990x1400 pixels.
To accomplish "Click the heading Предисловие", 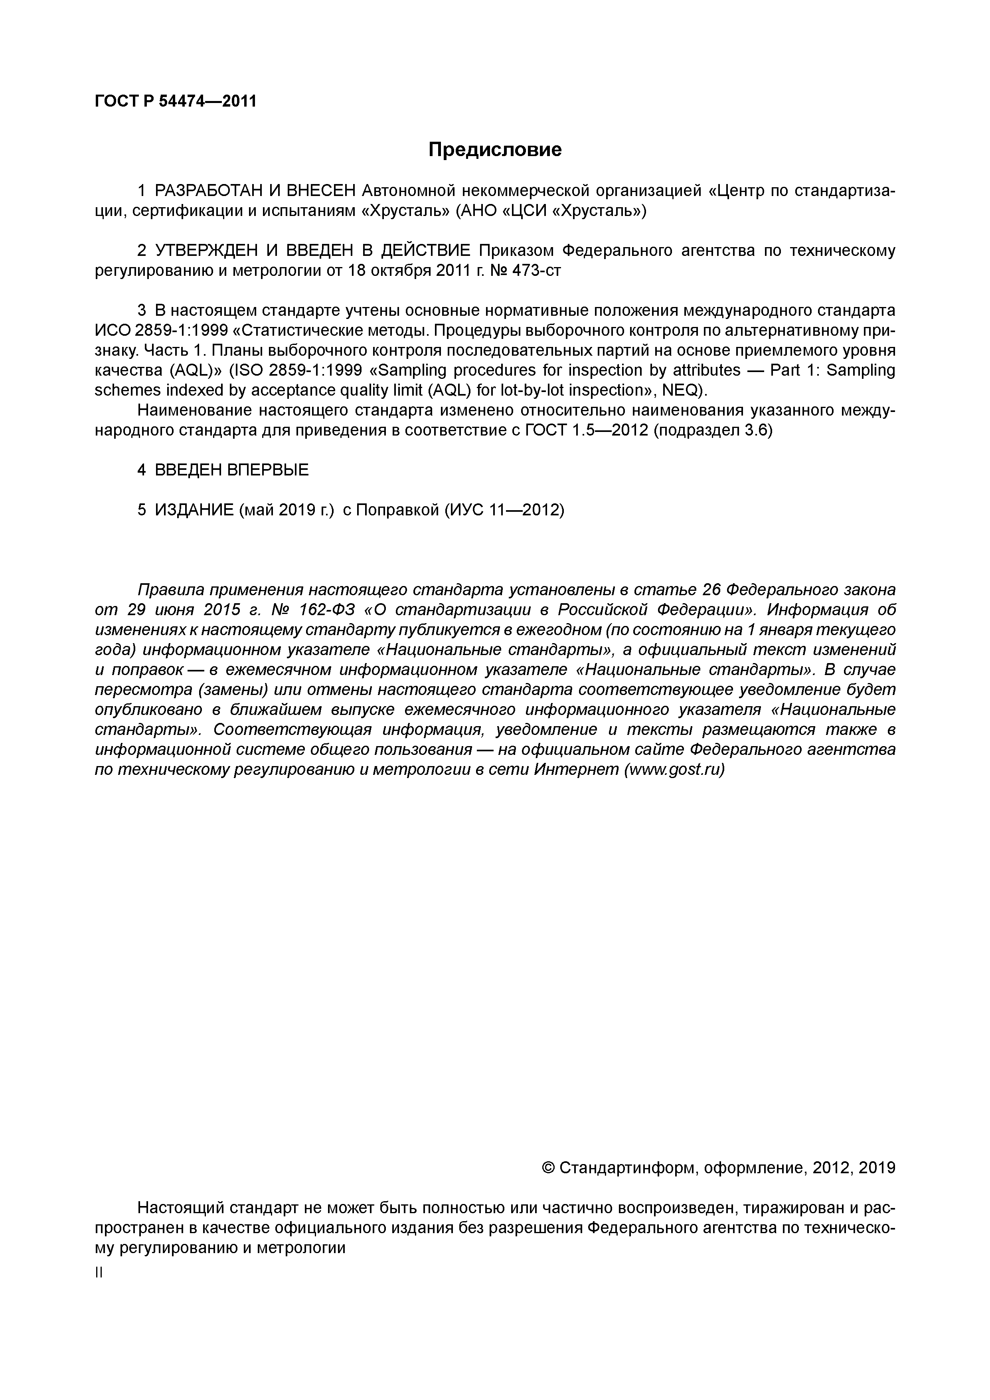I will tap(494, 149).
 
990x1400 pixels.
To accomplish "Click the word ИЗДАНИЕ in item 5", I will tap(194, 510).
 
